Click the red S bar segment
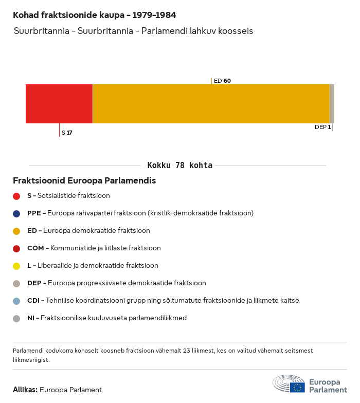59,104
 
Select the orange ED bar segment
211,104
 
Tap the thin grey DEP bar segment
332,104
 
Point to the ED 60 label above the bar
222,81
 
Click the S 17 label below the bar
67,133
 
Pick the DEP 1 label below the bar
322,127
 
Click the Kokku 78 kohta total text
179,166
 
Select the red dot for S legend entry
16,196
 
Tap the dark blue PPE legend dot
16,213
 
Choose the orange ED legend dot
16,231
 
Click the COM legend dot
16,248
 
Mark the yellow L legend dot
16,266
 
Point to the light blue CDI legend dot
16,301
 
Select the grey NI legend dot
16,318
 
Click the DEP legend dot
16,283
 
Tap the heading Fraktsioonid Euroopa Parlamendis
84,181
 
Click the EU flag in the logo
297,387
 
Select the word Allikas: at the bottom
25,390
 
